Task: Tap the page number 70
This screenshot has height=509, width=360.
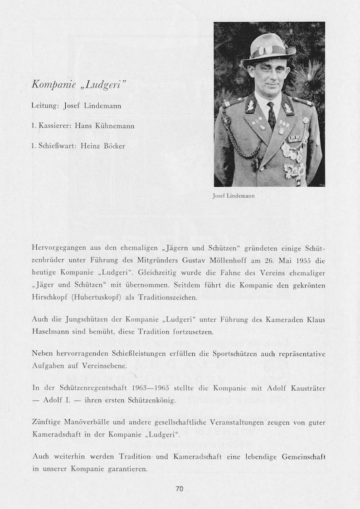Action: (x=180, y=489)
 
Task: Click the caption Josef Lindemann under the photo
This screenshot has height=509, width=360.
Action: (x=234, y=196)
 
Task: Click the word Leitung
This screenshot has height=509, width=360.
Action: (x=44, y=106)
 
